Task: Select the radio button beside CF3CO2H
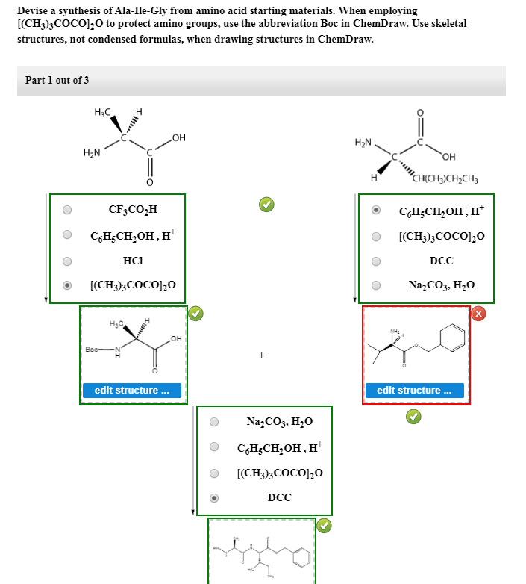67,210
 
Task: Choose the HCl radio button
67,261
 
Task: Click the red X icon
478,314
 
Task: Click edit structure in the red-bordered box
414,391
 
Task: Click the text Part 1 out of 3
57,80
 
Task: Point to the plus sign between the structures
261,355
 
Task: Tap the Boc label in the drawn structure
93,349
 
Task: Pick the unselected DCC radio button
376,261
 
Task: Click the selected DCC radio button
214,497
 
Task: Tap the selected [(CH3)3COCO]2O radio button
67,285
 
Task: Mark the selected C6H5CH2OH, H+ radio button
376,211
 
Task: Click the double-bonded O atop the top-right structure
419,112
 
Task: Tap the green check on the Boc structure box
194,314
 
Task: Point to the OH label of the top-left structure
178,137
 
